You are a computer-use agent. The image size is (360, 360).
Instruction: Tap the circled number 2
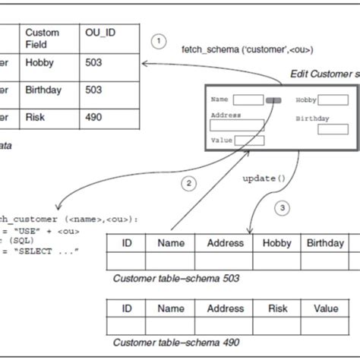188,183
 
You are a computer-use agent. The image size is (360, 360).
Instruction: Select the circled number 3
283,207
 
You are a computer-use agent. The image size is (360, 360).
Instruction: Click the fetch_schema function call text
247,49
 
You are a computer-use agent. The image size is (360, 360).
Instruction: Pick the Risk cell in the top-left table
35,117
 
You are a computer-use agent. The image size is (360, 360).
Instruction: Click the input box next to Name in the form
248,99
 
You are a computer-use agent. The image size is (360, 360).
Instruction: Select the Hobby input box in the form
333,99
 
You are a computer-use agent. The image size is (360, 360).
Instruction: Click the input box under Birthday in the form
333,129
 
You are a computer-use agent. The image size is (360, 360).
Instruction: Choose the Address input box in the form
236,125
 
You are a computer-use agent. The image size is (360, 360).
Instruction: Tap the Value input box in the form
249,141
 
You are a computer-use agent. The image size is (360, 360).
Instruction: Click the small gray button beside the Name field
273,99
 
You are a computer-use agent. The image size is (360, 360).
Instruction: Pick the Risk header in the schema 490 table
276,309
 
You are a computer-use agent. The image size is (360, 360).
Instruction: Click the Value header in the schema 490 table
326,309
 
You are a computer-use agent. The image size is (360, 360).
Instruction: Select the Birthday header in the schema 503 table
326,243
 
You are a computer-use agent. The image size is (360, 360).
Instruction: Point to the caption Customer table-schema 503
175,278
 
